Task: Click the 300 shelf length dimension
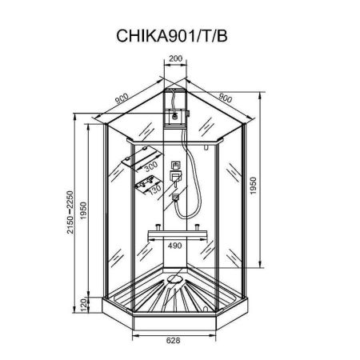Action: [150, 169]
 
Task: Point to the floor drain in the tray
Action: [175, 280]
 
